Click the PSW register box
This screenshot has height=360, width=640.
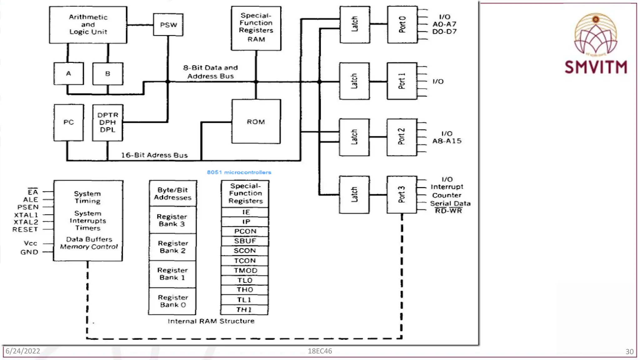click(168, 25)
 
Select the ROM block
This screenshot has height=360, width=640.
click(256, 122)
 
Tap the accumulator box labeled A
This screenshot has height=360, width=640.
click(68, 73)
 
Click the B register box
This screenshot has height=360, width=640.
click(107, 74)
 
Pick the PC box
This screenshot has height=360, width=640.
click(68, 122)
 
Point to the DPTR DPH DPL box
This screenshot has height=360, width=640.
click(107, 122)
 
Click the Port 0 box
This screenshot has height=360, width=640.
click(402, 24)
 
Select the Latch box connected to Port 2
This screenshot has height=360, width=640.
click(354, 137)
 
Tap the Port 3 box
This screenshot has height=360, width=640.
click(402, 194)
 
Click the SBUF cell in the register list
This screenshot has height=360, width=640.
click(245, 241)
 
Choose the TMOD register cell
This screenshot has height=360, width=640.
click(245, 270)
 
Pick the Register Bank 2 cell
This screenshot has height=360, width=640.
click(172, 247)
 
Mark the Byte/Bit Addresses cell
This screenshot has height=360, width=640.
click(172, 193)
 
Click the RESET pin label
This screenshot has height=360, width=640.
click(25, 229)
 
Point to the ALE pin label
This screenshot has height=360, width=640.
click(30, 199)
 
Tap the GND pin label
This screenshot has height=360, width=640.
click(29, 252)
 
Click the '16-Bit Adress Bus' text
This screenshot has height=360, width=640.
click(154, 155)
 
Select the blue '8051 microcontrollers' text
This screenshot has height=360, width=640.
click(239, 172)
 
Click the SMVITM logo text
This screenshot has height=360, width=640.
click(596, 67)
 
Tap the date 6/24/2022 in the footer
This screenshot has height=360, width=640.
click(23, 351)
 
